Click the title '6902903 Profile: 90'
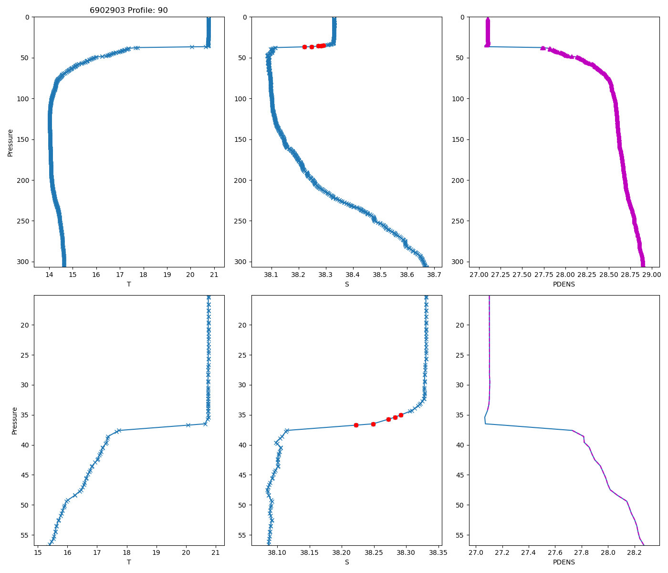[129, 11]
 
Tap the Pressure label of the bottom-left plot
[14, 421]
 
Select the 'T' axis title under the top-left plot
[129, 284]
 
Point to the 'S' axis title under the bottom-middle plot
[347, 562]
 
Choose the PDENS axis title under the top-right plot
[564, 284]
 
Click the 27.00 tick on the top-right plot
[479, 275]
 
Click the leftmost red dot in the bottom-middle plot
[356, 425]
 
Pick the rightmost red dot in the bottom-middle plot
[401, 415]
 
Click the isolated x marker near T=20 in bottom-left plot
[188, 425]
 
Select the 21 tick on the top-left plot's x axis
[214, 275]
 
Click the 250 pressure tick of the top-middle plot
[241, 221]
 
